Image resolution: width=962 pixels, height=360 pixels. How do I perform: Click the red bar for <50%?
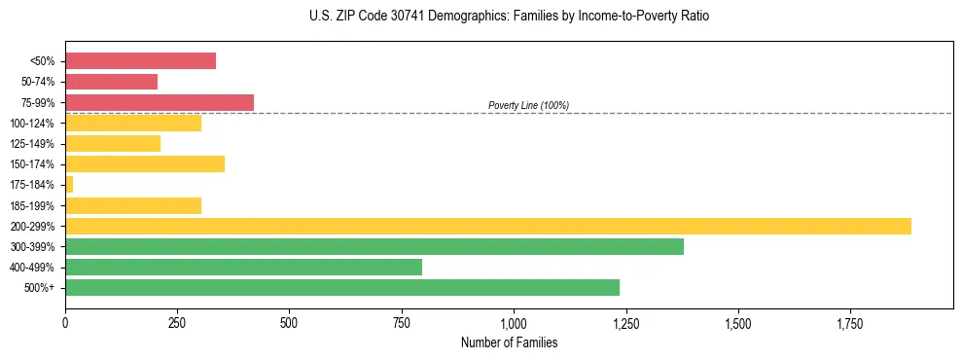click(x=140, y=60)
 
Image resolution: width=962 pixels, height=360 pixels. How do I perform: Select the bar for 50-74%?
click(x=111, y=82)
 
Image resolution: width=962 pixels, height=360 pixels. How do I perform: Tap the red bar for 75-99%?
click(x=160, y=102)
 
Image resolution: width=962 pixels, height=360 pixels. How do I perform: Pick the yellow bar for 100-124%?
click(x=133, y=123)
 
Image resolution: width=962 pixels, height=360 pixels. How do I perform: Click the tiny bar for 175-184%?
click(x=69, y=184)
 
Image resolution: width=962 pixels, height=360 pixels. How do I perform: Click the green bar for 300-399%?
click(x=374, y=246)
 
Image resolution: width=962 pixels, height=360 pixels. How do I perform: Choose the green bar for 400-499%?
click(x=243, y=267)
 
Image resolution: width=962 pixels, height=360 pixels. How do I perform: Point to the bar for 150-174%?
click(x=145, y=163)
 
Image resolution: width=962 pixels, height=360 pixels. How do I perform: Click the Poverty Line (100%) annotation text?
click(x=528, y=105)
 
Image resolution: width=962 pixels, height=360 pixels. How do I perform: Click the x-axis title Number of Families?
click(x=509, y=342)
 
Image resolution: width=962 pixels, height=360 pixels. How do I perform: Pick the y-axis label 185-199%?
click(x=32, y=205)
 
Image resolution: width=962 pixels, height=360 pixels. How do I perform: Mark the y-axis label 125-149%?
click(x=32, y=144)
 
